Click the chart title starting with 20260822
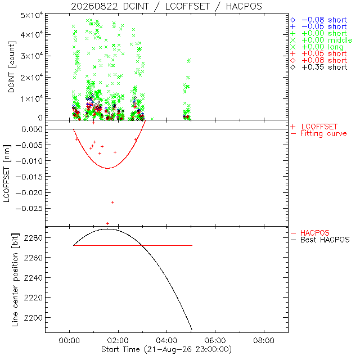pyautogui.click(x=166, y=6)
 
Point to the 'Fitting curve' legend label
pyautogui.click(x=323, y=133)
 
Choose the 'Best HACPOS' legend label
pyautogui.click(x=325, y=240)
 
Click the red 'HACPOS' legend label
pyautogui.click(x=315, y=233)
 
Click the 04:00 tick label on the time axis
pyautogui.click(x=166, y=340)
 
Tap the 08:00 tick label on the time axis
pyautogui.click(x=264, y=340)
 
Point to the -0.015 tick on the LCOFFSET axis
pyautogui.click(x=29, y=177)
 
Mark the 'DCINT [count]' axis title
pyautogui.click(x=11, y=67)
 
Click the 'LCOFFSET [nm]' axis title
pyautogui.click(x=7, y=174)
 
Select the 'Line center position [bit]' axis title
pyautogui.click(x=15, y=280)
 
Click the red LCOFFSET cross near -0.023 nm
pyautogui.click(x=112, y=202)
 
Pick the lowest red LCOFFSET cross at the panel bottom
pyautogui.click(x=107, y=224)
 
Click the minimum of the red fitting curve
pyautogui.click(x=107, y=168)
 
